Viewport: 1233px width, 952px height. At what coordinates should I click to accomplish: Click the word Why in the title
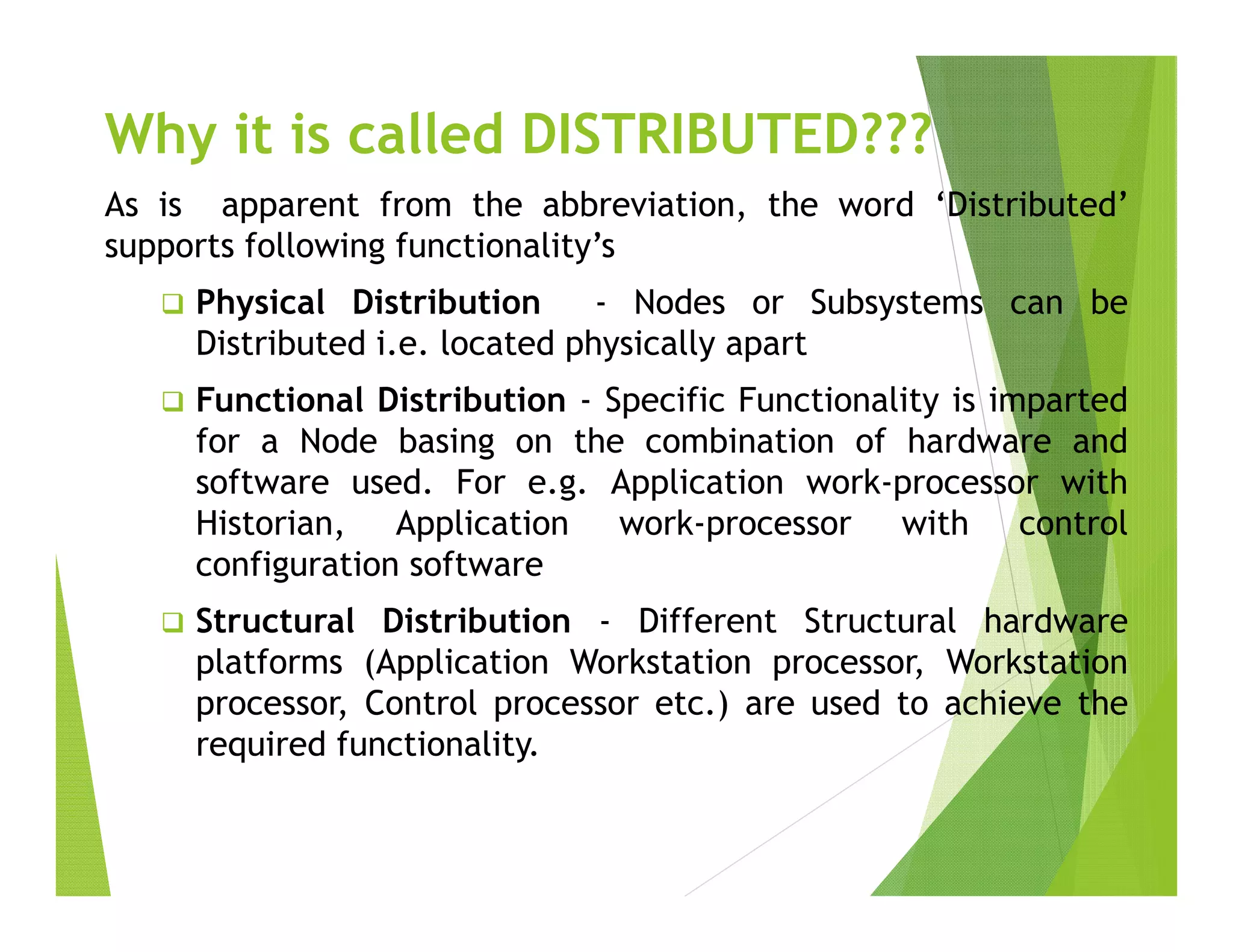tap(160, 135)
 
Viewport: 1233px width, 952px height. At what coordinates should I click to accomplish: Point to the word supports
tap(169, 247)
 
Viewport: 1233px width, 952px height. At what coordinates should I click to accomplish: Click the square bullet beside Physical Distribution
tap(172, 303)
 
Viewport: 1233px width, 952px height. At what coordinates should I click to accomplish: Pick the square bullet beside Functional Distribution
tap(172, 401)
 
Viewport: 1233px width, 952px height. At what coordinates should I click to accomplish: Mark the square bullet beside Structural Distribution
tap(172, 622)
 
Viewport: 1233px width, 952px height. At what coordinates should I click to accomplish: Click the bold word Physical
tap(260, 303)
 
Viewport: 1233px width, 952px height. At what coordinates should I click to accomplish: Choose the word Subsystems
tap(896, 303)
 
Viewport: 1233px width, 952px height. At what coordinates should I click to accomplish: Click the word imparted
tap(1058, 401)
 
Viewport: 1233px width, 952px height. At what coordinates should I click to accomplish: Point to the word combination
tap(739, 442)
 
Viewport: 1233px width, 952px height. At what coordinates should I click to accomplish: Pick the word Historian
tap(269, 524)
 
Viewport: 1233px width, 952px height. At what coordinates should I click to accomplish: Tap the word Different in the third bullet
tap(707, 622)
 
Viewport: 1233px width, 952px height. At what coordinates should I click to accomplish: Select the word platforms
tap(269, 663)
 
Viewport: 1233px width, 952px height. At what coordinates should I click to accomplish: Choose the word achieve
tap(1002, 704)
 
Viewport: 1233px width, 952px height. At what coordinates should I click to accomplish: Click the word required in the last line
tap(260, 745)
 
